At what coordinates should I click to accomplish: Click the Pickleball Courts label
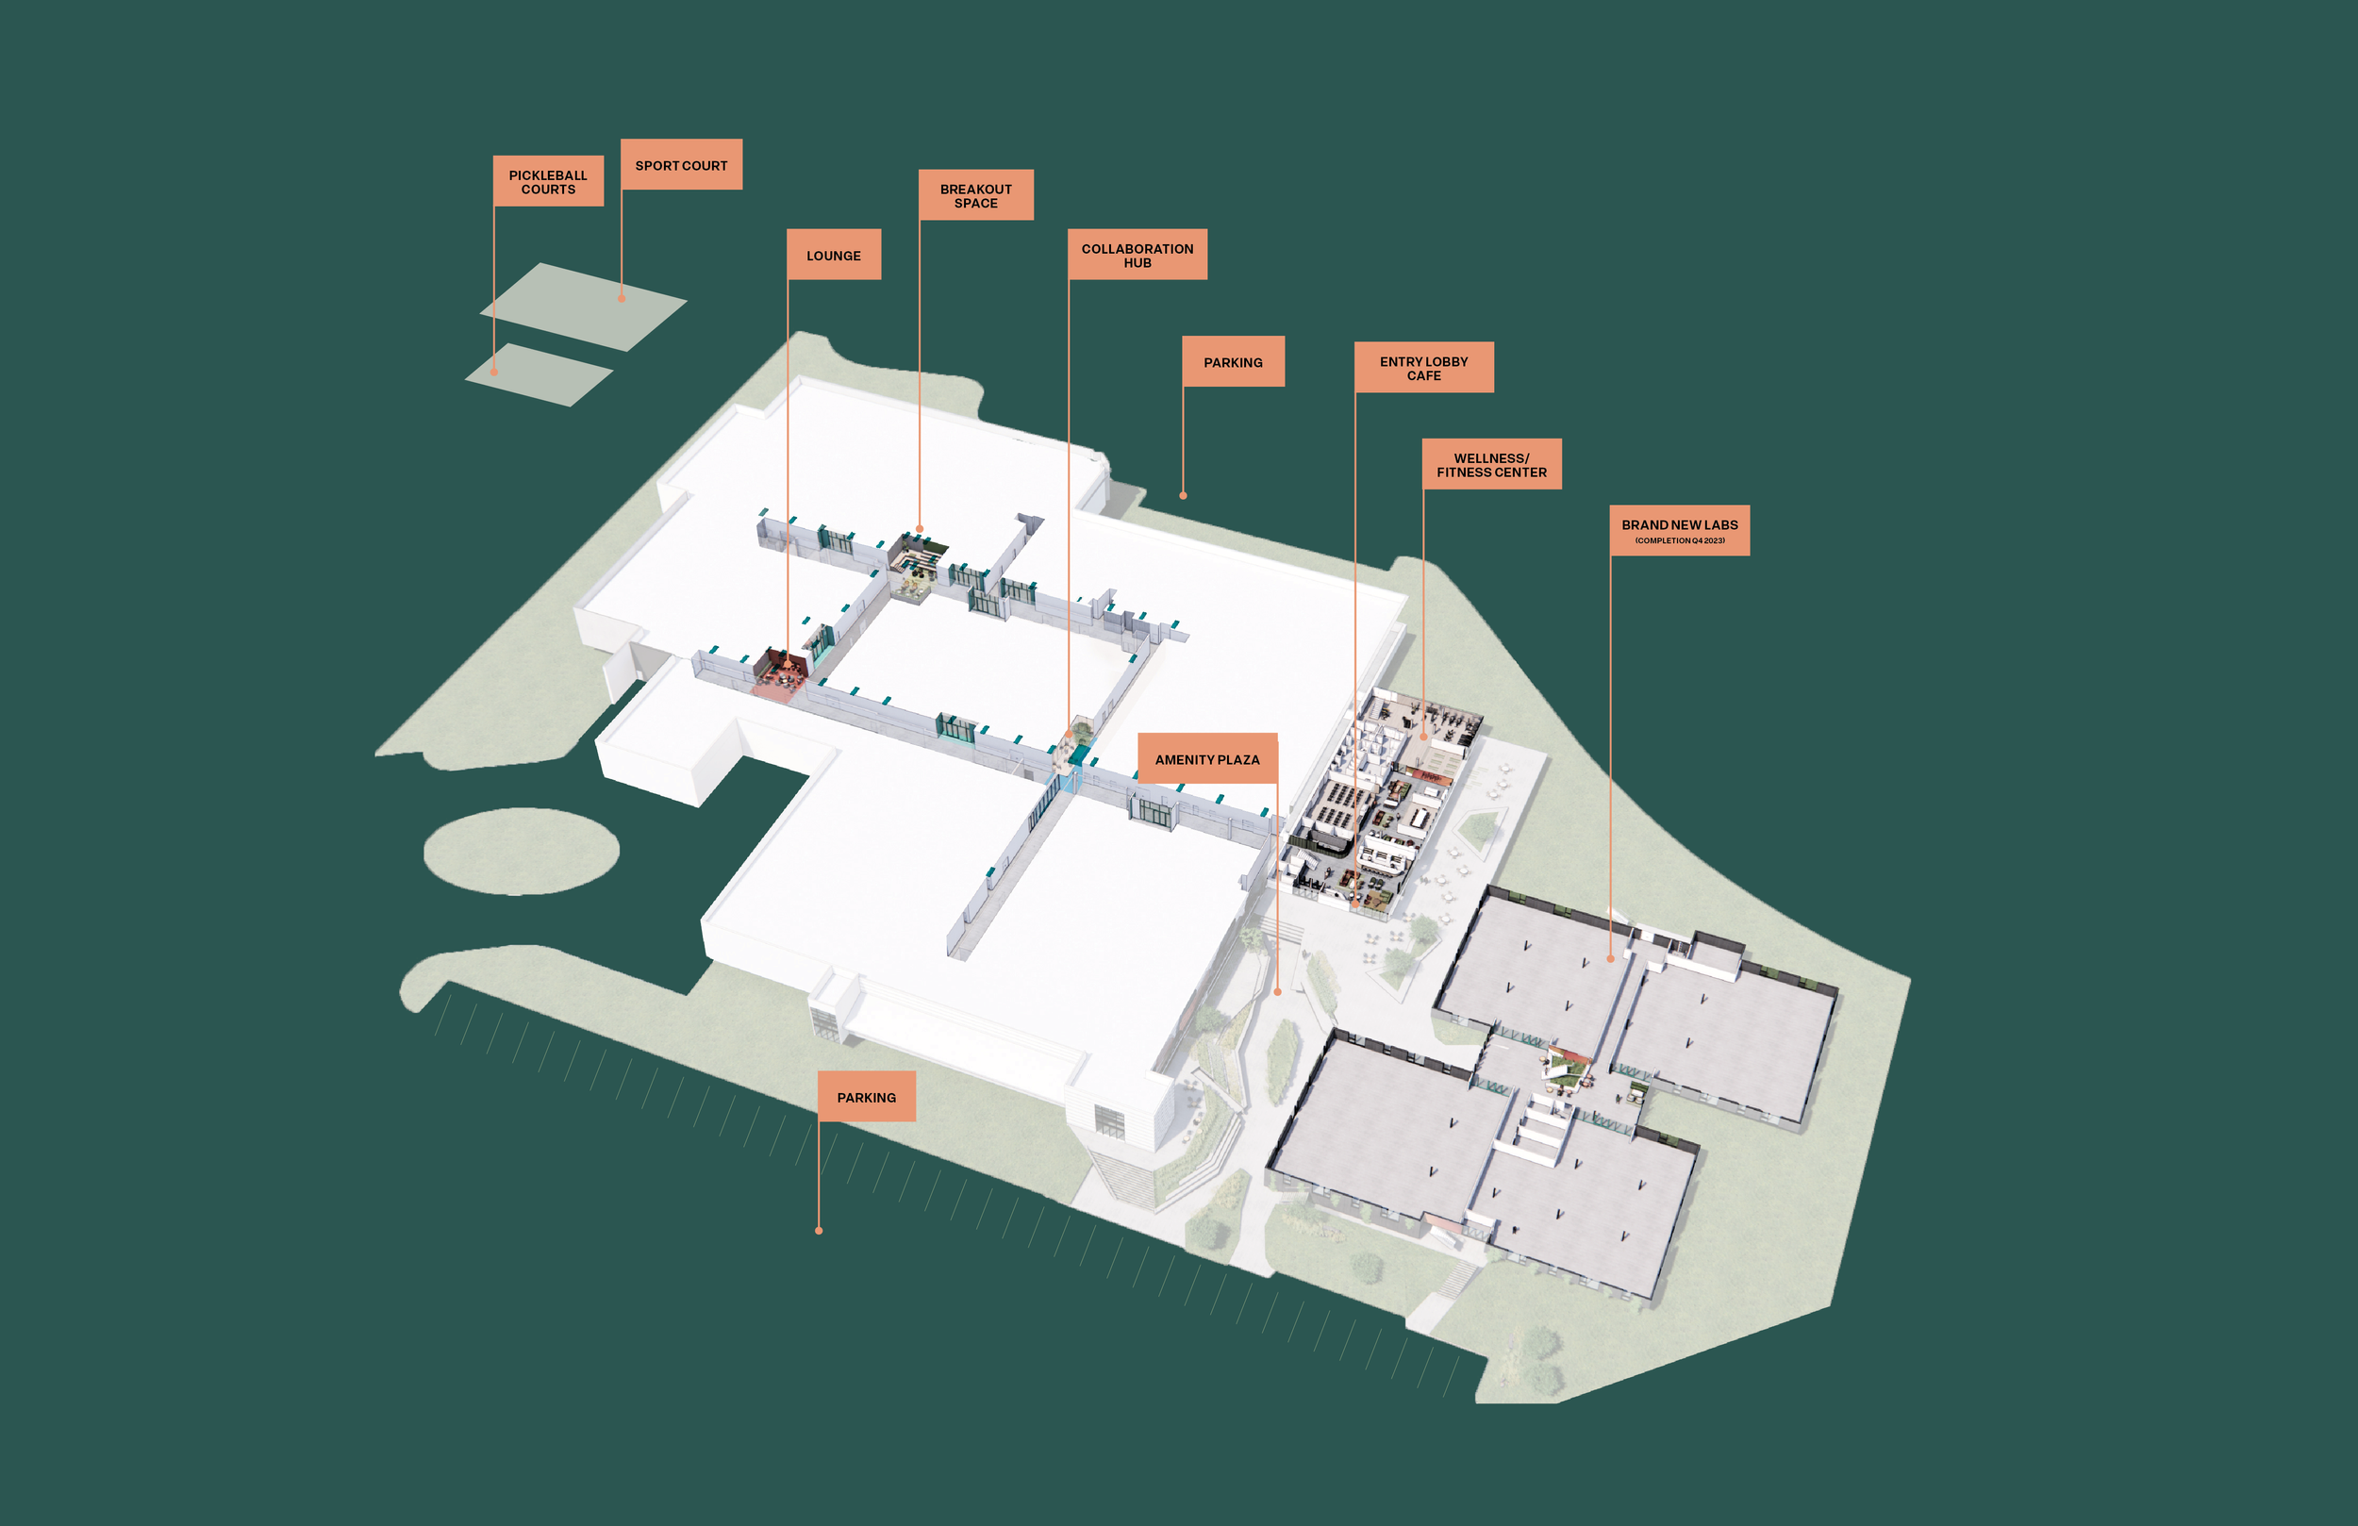pos(548,181)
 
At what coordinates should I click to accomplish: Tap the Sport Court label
pos(681,165)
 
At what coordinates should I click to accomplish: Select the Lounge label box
pos(833,256)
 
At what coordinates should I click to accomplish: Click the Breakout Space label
pos(976,195)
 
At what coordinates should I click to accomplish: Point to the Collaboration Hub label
pos(1137,256)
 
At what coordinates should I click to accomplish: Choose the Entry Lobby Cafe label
pos(1422,368)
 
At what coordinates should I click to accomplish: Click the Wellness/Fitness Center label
pos(1491,465)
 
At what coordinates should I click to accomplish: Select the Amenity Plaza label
pos(1206,759)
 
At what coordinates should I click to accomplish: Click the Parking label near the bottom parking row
pos(866,1097)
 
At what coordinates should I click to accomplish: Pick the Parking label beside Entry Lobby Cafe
pos(1233,361)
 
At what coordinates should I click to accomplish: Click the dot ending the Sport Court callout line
pos(623,298)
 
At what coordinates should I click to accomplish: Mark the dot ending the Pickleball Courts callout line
pos(494,373)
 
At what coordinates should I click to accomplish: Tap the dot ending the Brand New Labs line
pos(1610,959)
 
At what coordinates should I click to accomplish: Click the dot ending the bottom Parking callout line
pos(819,1231)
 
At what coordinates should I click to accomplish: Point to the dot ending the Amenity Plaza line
pos(1277,992)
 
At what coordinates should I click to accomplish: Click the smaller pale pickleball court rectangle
pos(539,374)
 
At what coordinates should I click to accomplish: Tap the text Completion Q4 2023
pos(1679,541)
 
